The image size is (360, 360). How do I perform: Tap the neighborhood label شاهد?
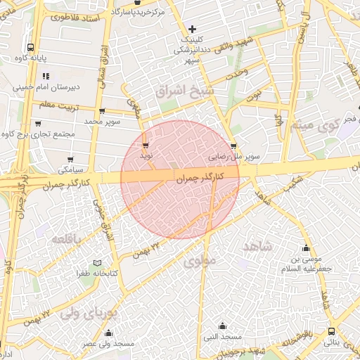click(257, 246)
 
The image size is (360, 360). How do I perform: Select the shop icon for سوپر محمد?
click(103, 111)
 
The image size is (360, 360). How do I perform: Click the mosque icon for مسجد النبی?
click(223, 326)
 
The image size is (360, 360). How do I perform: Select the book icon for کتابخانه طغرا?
click(98, 262)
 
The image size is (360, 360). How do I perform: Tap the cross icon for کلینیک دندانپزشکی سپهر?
click(193, 29)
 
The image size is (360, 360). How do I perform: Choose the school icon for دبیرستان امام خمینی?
click(46, 76)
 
